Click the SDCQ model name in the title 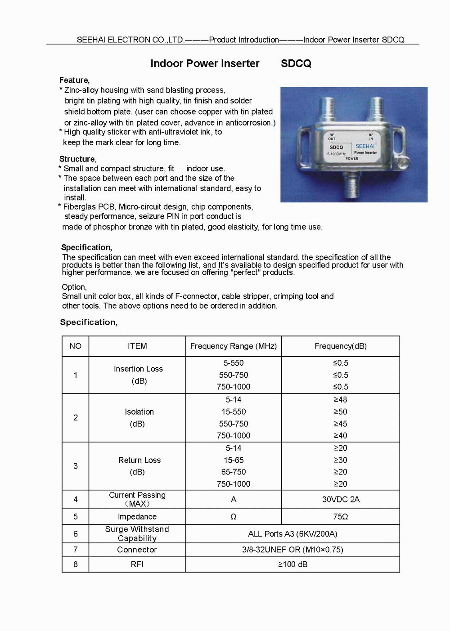coord(296,63)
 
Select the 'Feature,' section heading coord(74,80)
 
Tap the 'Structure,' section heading coord(77,159)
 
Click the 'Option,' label coord(74,287)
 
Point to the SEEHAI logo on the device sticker coord(365,146)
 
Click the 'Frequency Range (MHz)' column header coord(234,346)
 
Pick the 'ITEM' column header coord(137,346)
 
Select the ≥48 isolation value coord(340,399)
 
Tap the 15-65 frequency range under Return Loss coord(234,460)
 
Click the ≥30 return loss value coord(340,460)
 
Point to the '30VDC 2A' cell coord(341,499)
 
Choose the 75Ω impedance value coord(341,517)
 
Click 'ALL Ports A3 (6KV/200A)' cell coord(292,534)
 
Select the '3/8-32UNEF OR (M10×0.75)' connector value coord(292,550)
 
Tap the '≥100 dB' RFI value coord(292,564)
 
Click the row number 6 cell coord(76,534)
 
